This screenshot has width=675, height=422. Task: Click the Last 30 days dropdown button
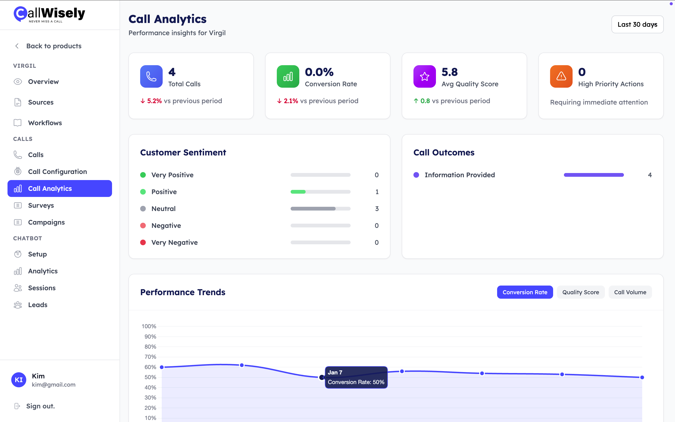[637, 25]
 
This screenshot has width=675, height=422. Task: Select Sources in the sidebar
[41, 102]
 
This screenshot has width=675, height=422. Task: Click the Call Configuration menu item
[57, 172]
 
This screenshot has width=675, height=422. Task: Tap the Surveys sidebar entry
[41, 205]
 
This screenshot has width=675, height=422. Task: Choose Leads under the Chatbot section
[38, 305]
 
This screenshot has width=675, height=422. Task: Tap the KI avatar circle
[19, 380]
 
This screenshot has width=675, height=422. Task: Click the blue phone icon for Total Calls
[151, 76]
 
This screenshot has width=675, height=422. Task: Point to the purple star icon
[424, 76]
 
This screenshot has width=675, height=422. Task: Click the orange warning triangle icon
[561, 76]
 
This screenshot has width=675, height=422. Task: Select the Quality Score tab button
[581, 292]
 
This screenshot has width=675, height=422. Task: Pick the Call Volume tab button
[630, 292]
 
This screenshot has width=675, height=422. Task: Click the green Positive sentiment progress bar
[320, 192]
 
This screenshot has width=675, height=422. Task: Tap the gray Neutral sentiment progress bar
[320, 209]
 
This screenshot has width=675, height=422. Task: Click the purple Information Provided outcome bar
[593, 175]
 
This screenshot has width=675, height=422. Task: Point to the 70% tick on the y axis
[150, 357]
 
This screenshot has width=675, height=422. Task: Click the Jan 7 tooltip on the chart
[356, 377]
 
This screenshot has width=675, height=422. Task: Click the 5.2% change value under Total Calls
[154, 101]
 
